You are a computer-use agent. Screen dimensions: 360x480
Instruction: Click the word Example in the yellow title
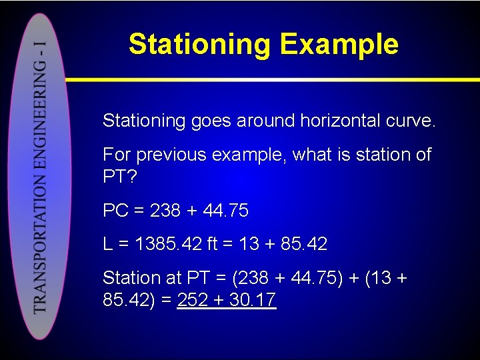(339, 44)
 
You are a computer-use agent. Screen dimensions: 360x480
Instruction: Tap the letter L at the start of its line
(107, 244)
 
